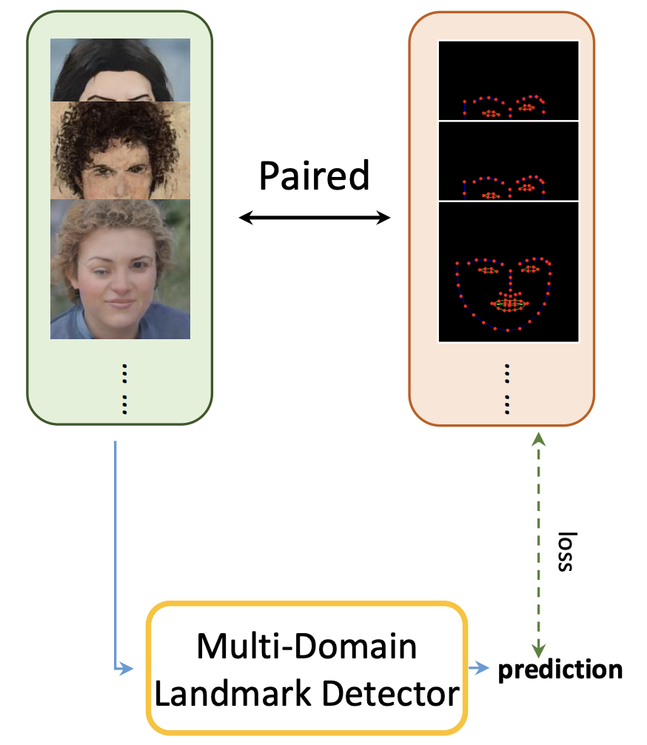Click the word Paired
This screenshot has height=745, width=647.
314,176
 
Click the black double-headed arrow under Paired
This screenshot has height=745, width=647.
314,218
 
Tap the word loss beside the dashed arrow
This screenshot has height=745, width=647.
566,551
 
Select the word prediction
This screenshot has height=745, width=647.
560,670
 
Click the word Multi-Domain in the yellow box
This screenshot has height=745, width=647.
307,647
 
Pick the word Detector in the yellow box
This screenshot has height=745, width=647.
391,694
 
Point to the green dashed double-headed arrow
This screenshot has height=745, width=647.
538,546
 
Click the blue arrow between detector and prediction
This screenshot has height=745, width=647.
478,668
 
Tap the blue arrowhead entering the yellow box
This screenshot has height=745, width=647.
127,669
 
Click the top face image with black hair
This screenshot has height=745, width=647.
120,70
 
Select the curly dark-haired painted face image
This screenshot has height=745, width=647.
120,150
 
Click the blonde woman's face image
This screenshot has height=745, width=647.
120,269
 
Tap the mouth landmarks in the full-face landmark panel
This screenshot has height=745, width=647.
509,303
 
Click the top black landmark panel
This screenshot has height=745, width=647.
509,80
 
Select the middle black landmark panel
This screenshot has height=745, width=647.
509,161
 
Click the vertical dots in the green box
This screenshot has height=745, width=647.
124,389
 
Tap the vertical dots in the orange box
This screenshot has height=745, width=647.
507,389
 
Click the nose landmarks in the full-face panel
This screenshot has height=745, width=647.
510,284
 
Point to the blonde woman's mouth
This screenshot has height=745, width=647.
120,303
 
